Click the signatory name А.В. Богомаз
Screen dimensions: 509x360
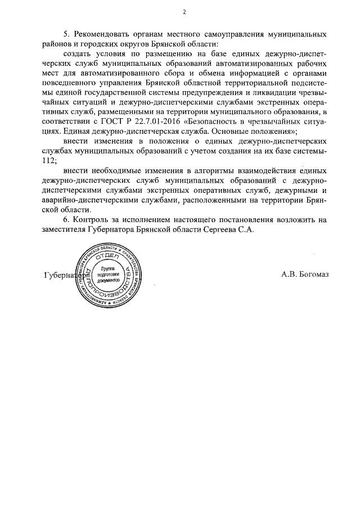305,275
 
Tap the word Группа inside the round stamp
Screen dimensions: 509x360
109,269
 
